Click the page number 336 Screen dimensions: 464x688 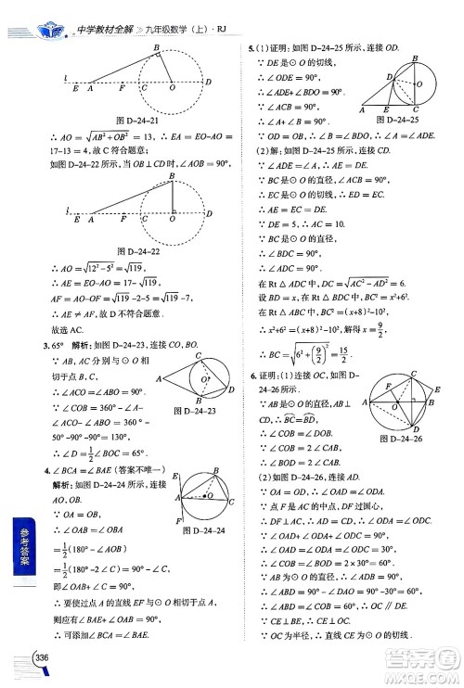(42, 657)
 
